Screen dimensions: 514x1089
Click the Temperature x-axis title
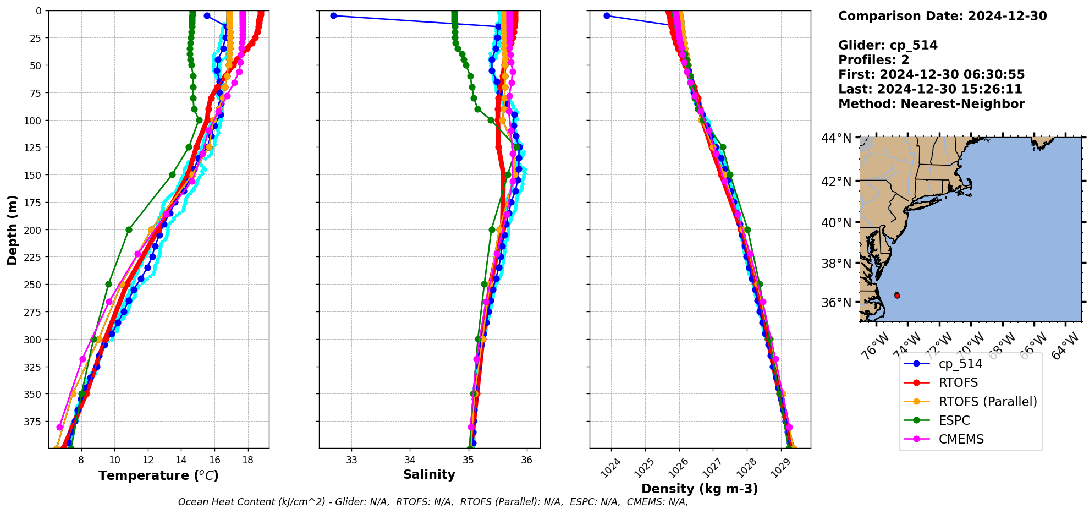click(x=158, y=475)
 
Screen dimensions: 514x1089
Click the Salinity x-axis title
click(x=429, y=474)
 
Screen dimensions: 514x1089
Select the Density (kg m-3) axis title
click(x=700, y=489)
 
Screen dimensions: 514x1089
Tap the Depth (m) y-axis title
click(x=13, y=229)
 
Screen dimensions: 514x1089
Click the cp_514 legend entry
click(x=960, y=364)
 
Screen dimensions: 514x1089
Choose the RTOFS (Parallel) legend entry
click(x=987, y=402)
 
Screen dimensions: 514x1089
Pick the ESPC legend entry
click(x=954, y=420)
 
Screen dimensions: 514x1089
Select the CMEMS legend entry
click(x=961, y=439)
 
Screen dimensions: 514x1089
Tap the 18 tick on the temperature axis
click(x=248, y=460)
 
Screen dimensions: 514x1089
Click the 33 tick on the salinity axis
click(x=351, y=460)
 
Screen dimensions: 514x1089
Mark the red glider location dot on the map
click(x=897, y=296)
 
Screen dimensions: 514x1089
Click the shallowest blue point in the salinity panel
click(x=333, y=15)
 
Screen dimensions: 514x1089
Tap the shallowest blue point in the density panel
click(x=607, y=15)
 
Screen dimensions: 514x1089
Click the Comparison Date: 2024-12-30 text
click(x=942, y=16)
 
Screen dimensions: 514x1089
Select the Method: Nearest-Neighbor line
click(x=931, y=104)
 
